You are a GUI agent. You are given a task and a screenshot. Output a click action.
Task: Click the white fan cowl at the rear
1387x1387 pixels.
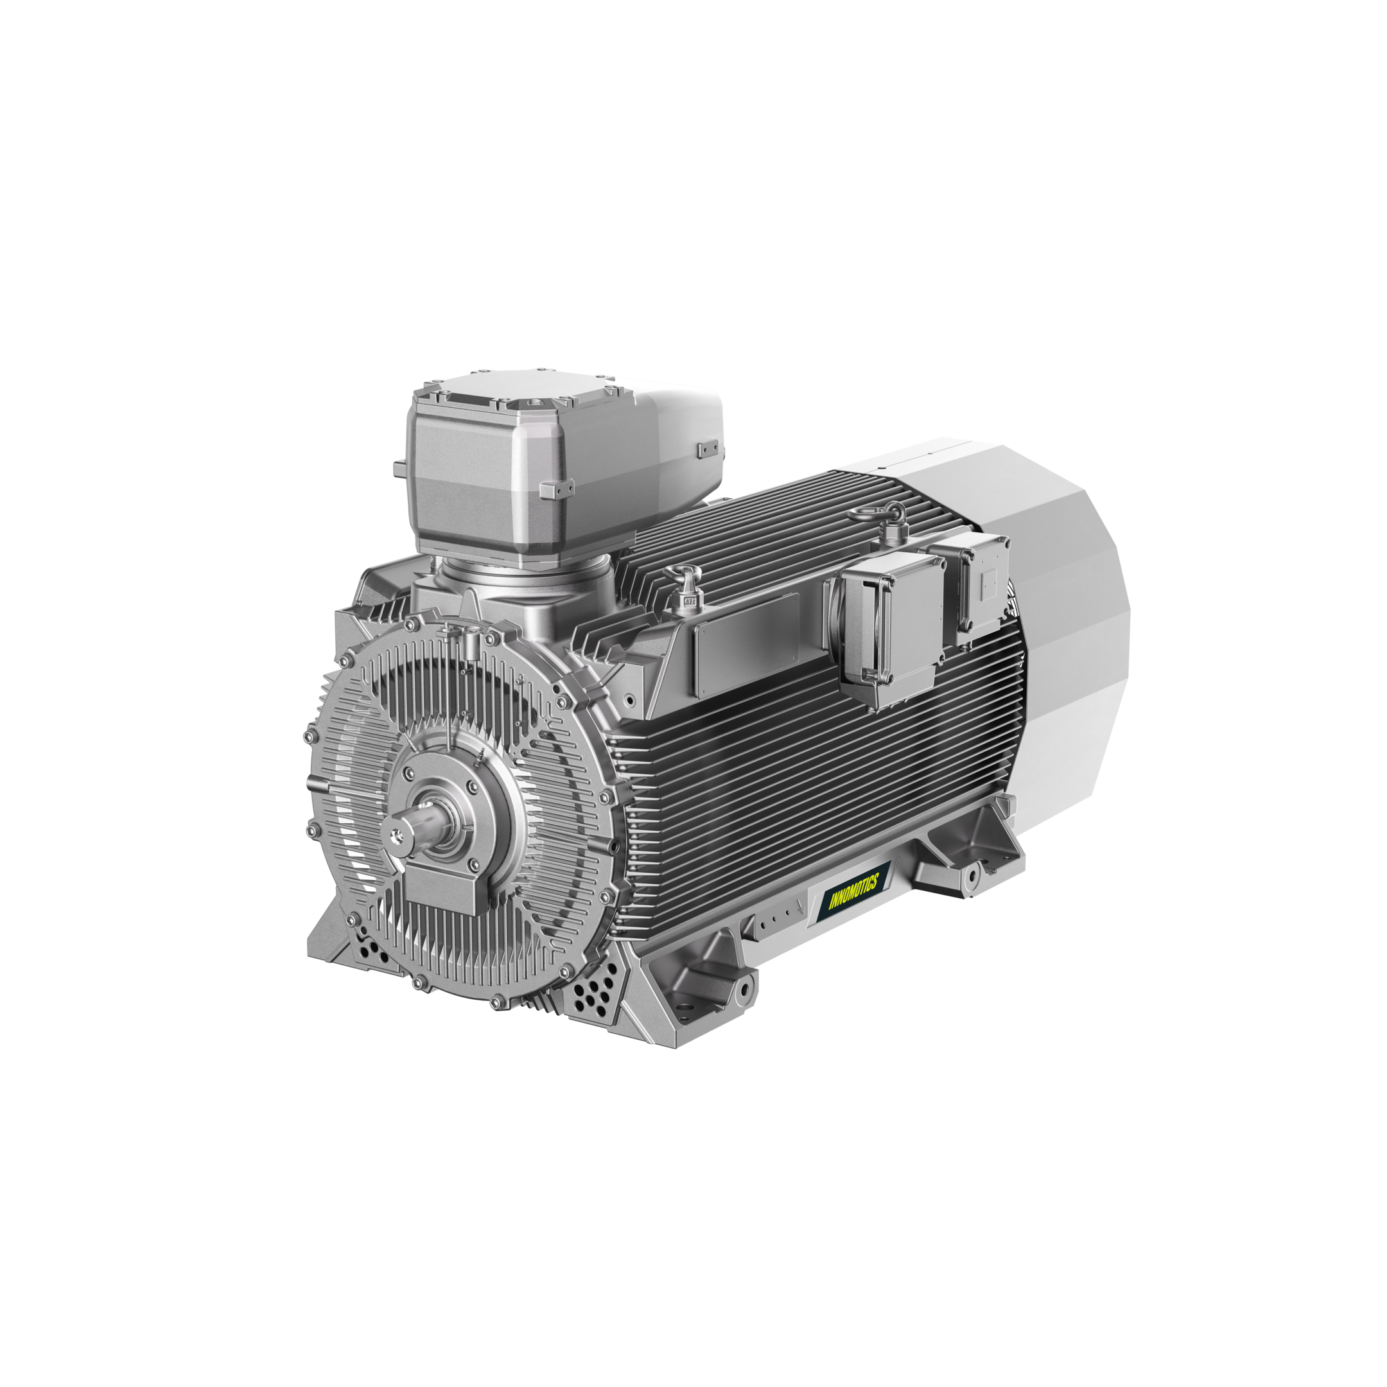1063,610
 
